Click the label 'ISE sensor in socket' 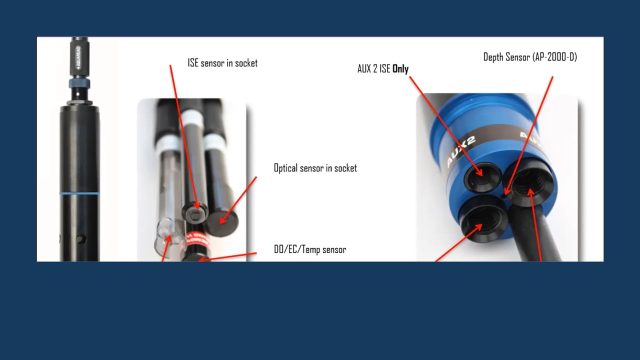click(222, 63)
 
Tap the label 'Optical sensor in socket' click(315, 168)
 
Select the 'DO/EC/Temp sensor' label click(310, 249)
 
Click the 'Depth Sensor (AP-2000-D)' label click(530, 57)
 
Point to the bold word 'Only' click(400, 69)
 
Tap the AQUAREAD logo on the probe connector click(78, 57)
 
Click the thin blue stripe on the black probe click(79, 193)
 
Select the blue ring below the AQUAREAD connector click(79, 83)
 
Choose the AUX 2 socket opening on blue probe click(482, 177)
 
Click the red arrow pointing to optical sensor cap click(238, 200)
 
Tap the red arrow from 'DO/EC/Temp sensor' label click(227, 257)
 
